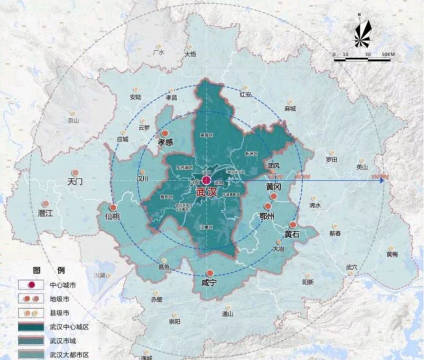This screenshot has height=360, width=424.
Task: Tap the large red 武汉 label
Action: [x=206, y=192]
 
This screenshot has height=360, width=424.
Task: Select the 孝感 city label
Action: [x=166, y=142]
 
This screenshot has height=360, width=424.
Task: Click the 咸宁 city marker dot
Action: [x=209, y=273]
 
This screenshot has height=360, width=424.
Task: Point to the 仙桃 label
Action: [x=113, y=216]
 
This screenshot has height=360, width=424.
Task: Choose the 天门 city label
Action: [x=75, y=182]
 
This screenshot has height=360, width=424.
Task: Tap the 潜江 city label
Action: [x=45, y=213]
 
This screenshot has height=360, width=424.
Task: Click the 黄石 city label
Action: [x=293, y=234]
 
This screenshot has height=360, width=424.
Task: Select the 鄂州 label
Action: [x=267, y=216]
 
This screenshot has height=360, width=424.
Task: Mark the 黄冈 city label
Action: [x=274, y=187]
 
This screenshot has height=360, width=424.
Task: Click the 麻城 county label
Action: [x=290, y=109]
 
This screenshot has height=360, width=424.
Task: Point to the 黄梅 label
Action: [x=392, y=254]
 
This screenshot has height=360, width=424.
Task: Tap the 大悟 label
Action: [x=190, y=54]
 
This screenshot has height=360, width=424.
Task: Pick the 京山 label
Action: [x=73, y=120]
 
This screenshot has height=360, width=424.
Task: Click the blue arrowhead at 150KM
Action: [x=382, y=180]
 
